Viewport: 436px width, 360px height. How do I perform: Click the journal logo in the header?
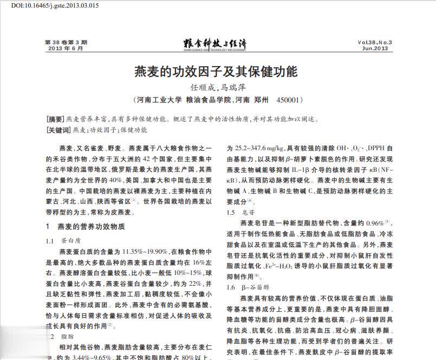pos(216,44)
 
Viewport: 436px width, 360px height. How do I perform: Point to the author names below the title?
pos(216,87)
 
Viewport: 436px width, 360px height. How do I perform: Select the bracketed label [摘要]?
pos(56,119)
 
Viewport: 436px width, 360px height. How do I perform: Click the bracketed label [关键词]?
pos(59,130)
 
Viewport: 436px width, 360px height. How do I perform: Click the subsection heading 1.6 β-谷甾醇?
pos(251,287)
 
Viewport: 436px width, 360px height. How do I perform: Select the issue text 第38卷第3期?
pos(66,42)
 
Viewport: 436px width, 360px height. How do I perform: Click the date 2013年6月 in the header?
pos(66,48)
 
